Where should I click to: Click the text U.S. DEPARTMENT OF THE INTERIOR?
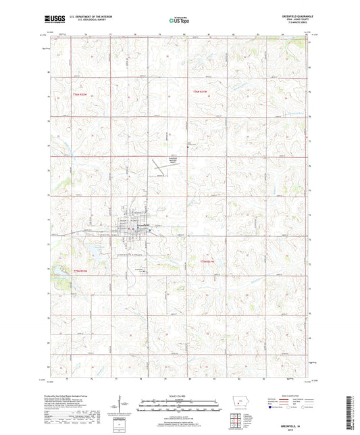coord(95,16)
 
